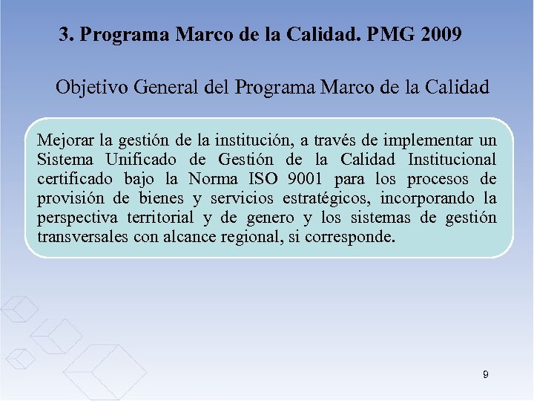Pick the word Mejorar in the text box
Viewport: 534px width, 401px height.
[x=65, y=140]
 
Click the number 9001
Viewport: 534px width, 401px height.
[x=306, y=179]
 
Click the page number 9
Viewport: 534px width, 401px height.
[x=485, y=375]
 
